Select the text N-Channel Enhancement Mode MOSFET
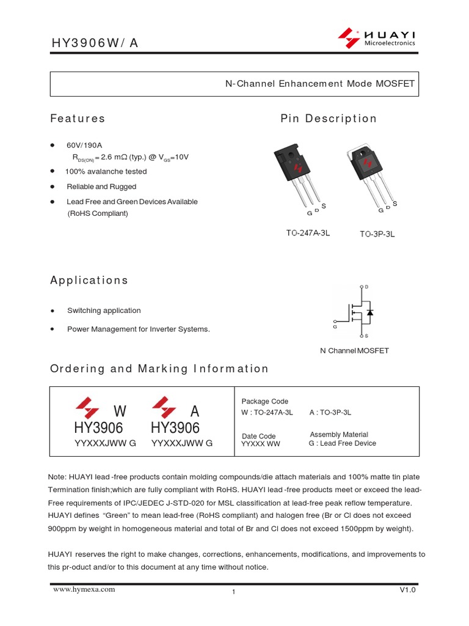click(x=320, y=84)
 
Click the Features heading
click(x=78, y=119)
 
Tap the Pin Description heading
click(x=329, y=119)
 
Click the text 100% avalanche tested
click(x=106, y=172)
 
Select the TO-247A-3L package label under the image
click(x=308, y=234)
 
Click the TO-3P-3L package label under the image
click(x=377, y=234)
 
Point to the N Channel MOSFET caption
click(x=354, y=351)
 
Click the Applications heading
click(x=89, y=281)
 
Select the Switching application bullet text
click(x=104, y=311)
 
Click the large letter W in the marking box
click(x=120, y=410)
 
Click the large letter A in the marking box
click(x=195, y=410)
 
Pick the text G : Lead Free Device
click(x=342, y=444)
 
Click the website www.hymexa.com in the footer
click(x=84, y=590)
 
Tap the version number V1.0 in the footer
click(x=407, y=591)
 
